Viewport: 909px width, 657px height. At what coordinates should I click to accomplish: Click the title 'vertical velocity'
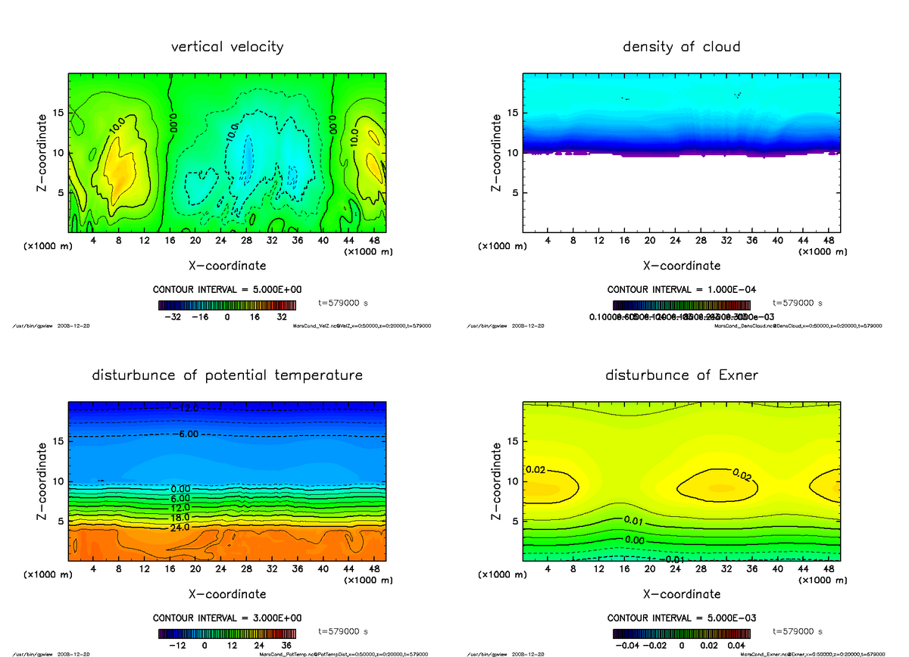227,47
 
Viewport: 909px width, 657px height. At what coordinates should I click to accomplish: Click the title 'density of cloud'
681,47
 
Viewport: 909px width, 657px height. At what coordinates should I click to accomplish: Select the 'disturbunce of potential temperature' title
227,375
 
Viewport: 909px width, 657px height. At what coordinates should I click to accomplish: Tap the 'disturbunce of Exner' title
681,375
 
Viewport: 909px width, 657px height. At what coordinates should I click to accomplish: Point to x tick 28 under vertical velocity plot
247,241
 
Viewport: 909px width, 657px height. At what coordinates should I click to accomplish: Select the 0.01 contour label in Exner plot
633,521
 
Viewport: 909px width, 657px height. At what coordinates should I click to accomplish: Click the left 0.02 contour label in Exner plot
535,469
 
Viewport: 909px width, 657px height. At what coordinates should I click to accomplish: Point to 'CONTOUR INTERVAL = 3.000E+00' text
228,618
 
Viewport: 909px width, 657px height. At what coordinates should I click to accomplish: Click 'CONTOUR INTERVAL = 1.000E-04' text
682,289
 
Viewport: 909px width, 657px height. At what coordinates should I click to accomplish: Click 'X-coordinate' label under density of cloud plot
681,266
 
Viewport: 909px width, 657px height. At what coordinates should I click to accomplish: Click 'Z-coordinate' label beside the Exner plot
496,481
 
